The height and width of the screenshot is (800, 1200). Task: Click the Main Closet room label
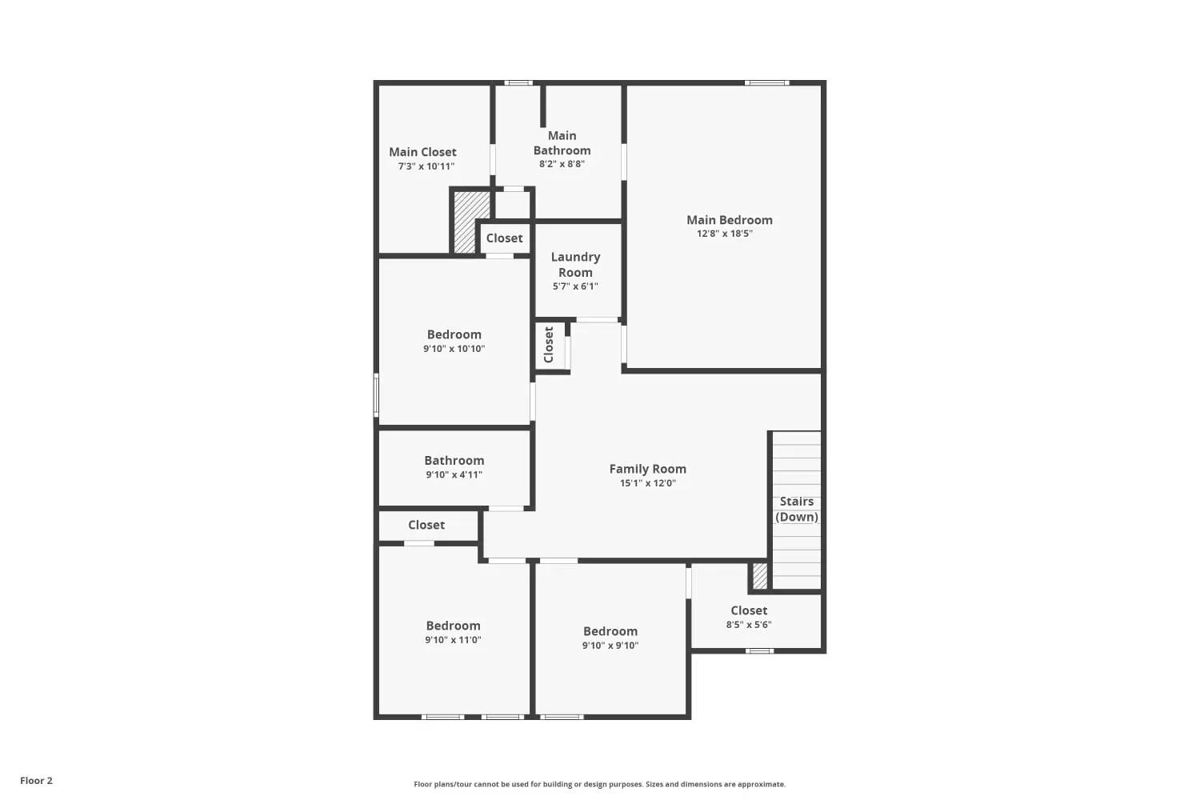pyautogui.click(x=422, y=152)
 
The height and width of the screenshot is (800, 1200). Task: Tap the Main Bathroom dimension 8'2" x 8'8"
pyautogui.click(x=562, y=164)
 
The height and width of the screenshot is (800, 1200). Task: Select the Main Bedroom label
pyautogui.click(x=729, y=220)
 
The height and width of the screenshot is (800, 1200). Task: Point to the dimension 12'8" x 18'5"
pyautogui.click(x=724, y=234)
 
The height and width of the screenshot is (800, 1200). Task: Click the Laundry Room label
pyautogui.click(x=575, y=264)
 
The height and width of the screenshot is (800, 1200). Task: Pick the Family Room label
pyautogui.click(x=647, y=469)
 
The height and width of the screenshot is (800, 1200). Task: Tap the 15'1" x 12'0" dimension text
pyautogui.click(x=647, y=483)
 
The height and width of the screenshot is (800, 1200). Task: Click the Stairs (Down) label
pyautogui.click(x=797, y=509)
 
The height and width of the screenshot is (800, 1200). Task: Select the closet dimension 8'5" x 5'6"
pyautogui.click(x=748, y=625)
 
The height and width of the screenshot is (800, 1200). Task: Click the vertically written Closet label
pyautogui.click(x=549, y=345)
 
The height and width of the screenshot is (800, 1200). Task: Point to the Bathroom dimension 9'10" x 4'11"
pyautogui.click(x=454, y=475)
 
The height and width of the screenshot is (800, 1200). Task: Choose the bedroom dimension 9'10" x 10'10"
pyautogui.click(x=454, y=349)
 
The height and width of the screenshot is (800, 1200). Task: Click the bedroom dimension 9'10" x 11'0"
pyautogui.click(x=453, y=640)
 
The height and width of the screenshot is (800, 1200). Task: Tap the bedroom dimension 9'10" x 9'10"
pyautogui.click(x=610, y=646)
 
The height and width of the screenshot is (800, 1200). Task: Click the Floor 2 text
pyautogui.click(x=36, y=781)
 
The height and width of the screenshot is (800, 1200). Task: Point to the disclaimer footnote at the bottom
pyautogui.click(x=599, y=784)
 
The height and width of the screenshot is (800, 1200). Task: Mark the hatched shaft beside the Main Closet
pyautogui.click(x=465, y=222)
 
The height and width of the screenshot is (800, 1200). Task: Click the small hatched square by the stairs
pyautogui.click(x=759, y=576)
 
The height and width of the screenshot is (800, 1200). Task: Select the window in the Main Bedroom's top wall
pyautogui.click(x=766, y=82)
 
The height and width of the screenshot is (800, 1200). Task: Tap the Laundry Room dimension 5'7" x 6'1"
pyautogui.click(x=575, y=286)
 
